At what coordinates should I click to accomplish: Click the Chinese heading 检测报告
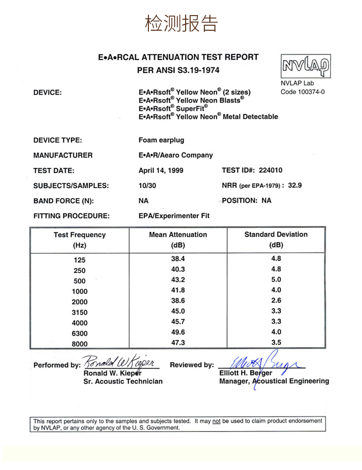tap(181, 23)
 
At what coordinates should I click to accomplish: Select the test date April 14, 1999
tap(161, 170)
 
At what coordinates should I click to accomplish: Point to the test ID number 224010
tap(270, 170)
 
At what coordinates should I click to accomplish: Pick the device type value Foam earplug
tap(161, 140)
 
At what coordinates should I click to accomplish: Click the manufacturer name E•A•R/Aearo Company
tap(176, 155)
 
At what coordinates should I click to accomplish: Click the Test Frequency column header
tap(80, 235)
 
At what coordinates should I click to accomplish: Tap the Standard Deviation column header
tap(276, 235)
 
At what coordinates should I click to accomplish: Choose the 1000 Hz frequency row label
tap(80, 291)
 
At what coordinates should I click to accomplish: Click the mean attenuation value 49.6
tap(178, 332)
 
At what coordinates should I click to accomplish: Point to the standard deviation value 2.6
tap(276, 301)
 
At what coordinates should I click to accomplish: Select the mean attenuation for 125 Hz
tap(178, 259)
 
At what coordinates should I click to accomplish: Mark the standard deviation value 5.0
tap(276, 279)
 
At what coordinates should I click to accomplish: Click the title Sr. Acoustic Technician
tap(123, 381)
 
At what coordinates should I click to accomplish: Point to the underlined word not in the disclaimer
tap(216, 421)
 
